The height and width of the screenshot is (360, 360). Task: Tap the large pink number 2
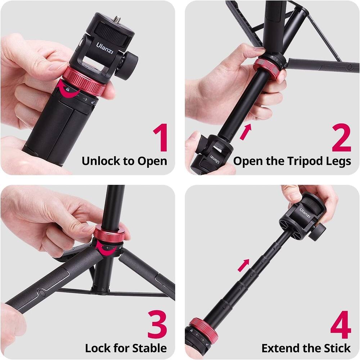click(x=341, y=138)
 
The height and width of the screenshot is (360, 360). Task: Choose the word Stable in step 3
click(x=149, y=348)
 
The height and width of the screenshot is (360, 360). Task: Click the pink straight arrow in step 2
click(x=246, y=132)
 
